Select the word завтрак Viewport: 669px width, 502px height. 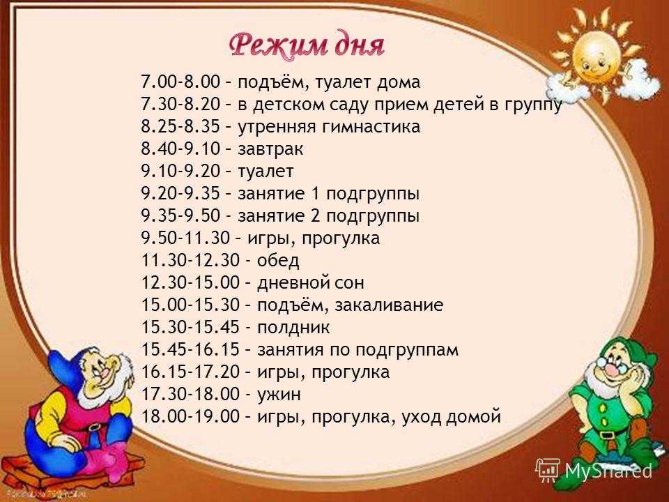[x=270, y=149]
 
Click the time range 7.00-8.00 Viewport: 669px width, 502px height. [x=180, y=82]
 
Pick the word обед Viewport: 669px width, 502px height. [x=278, y=260]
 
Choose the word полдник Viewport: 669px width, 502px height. [x=293, y=328]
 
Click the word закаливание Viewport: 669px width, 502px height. [x=389, y=305]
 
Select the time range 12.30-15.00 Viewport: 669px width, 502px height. [x=190, y=282]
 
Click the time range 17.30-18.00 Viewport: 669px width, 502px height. [x=190, y=394]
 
